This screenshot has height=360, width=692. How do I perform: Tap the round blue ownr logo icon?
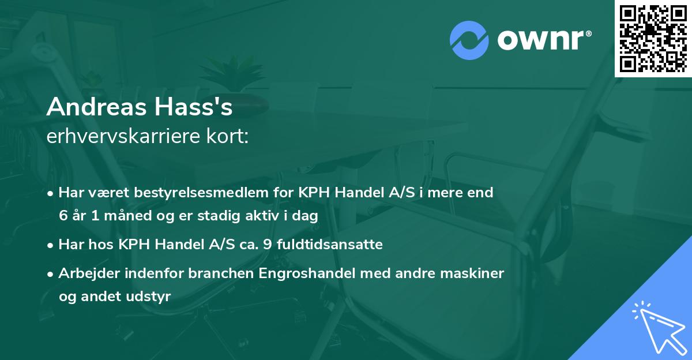click(469, 40)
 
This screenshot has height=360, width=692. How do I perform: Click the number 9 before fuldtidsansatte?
click(266, 245)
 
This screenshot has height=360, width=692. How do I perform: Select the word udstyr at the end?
click(148, 297)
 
